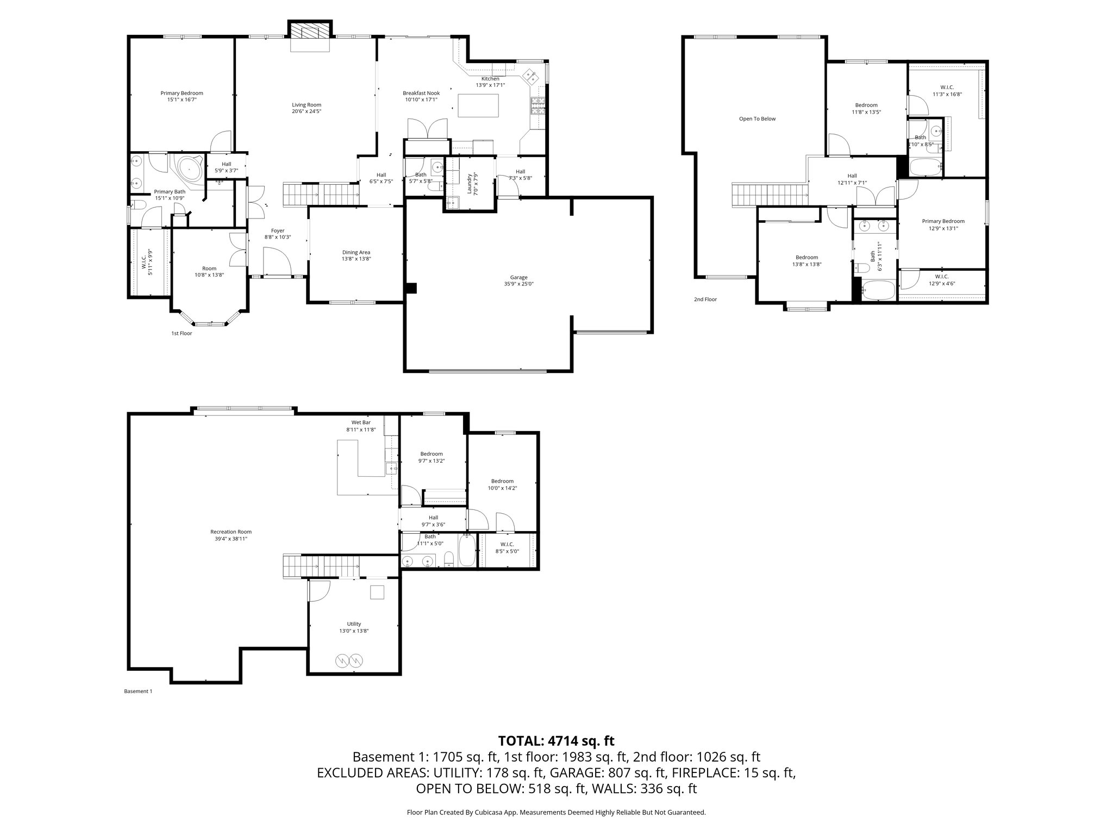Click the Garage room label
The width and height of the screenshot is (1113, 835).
click(x=518, y=277)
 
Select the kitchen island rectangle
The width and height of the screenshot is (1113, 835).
click(x=478, y=105)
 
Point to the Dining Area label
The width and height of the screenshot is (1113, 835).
click(x=356, y=252)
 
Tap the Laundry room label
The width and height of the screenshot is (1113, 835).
click(x=469, y=184)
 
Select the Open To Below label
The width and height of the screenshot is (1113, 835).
click(x=757, y=119)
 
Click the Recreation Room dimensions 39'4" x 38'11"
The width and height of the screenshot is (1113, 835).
click(x=231, y=539)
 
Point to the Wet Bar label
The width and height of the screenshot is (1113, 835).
click(x=361, y=422)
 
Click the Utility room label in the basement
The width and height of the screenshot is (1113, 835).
click(x=354, y=624)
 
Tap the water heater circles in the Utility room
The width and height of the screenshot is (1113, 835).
click(x=348, y=660)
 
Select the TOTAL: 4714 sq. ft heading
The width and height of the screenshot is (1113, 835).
click(x=556, y=740)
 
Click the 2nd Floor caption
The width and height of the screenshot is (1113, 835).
click(x=705, y=300)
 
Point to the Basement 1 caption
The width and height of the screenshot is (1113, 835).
click(x=139, y=691)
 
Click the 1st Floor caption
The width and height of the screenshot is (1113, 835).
click(x=182, y=333)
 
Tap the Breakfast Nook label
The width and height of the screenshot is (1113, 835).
click(x=421, y=93)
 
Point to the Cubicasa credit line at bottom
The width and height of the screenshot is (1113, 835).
click(x=556, y=812)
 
